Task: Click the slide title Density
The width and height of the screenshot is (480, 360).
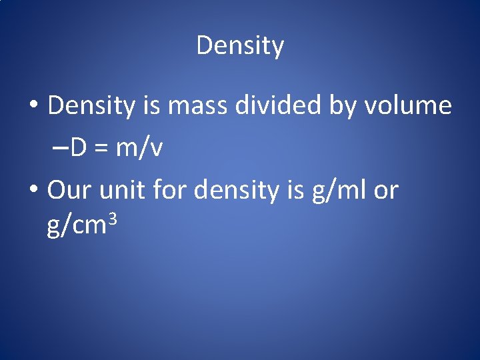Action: (240, 46)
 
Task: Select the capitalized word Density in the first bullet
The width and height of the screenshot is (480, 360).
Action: (91, 105)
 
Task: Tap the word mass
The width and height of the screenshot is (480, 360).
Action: (191, 105)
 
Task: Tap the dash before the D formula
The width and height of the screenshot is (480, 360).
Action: (58, 148)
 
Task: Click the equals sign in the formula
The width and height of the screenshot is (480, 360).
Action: (102, 149)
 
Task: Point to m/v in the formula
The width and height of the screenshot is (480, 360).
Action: (139, 148)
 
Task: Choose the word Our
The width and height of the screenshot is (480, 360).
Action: (70, 191)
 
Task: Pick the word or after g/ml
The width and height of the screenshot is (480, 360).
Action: (386, 191)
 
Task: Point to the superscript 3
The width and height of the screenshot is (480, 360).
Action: (113, 218)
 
